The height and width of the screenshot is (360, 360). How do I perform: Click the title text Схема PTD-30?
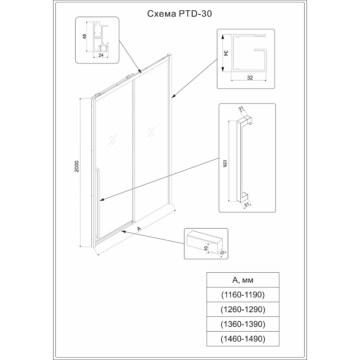pyautogui.click(x=180, y=14)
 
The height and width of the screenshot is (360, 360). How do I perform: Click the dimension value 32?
pyautogui.click(x=250, y=77)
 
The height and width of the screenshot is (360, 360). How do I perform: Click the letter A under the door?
pyautogui.click(x=139, y=229)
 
